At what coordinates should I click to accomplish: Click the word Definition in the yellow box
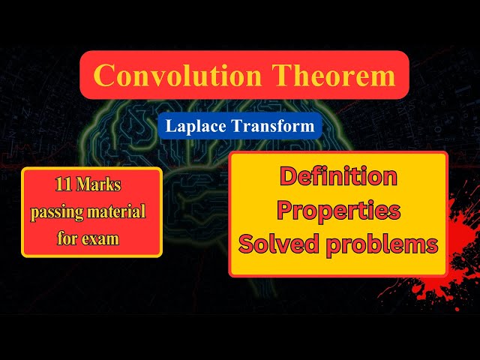(x=338, y=176)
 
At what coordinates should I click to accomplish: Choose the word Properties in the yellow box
(x=338, y=210)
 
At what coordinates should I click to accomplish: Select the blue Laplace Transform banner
(x=240, y=126)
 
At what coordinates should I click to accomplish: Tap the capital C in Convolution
(x=106, y=75)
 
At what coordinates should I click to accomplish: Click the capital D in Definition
(x=289, y=176)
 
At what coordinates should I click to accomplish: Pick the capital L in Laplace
(x=171, y=126)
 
